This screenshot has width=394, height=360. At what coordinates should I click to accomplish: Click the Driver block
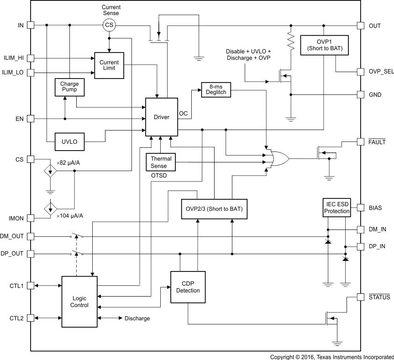pyautogui.click(x=161, y=117)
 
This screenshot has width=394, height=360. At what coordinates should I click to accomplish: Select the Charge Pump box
pyautogui.click(x=69, y=87)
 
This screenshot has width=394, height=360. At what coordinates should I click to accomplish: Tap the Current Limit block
pyautogui.click(x=109, y=65)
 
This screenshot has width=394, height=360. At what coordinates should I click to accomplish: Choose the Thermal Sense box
pyautogui.click(x=158, y=162)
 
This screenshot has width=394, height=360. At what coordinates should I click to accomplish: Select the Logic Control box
pyautogui.click(x=79, y=301)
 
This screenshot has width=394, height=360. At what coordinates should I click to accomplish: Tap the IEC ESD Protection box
pyautogui.click(x=337, y=208)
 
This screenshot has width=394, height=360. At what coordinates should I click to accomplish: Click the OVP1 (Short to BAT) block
pyautogui.click(x=324, y=45)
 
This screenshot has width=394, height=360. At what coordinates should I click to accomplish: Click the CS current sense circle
pyautogui.click(x=109, y=26)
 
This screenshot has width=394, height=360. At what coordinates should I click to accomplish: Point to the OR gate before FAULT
pyautogui.click(x=277, y=158)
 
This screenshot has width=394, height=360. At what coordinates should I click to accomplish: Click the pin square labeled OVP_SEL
pyautogui.click(x=360, y=72)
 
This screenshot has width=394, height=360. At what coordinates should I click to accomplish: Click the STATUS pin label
pyautogui.click(x=379, y=297)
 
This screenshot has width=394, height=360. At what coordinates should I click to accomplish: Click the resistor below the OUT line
pyautogui.click(x=289, y=41)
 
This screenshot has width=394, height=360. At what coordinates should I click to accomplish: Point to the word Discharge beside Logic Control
pyautogui.click(x=137, y=318)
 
